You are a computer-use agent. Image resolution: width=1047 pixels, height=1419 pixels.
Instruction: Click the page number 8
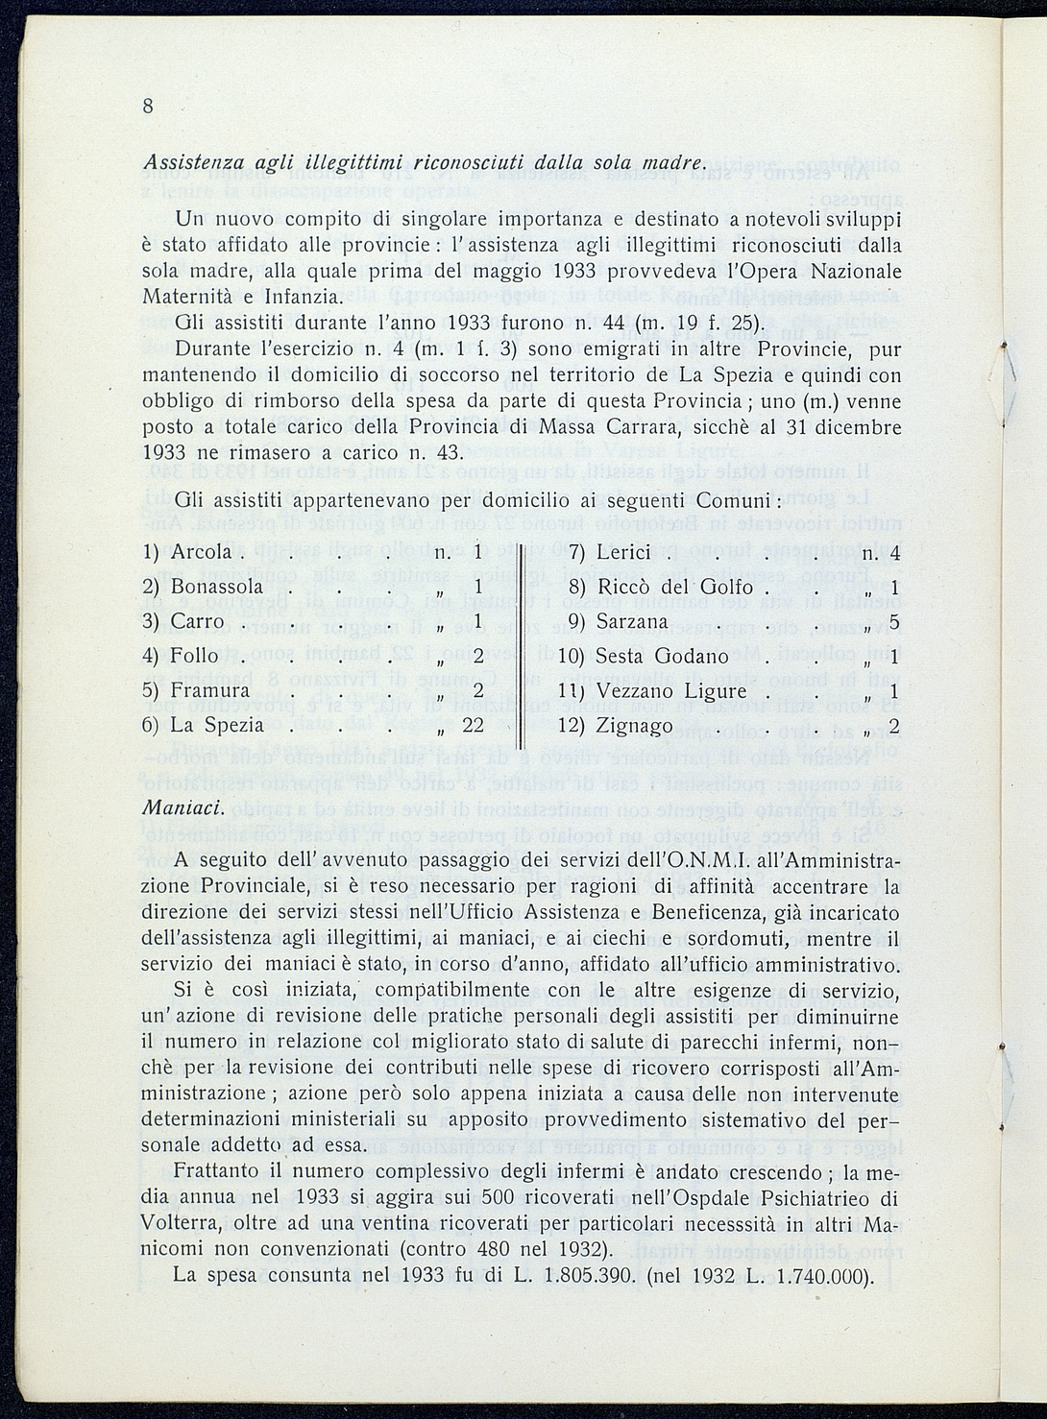click(148, 107)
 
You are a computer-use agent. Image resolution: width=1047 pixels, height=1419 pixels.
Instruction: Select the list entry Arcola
click(201, 552)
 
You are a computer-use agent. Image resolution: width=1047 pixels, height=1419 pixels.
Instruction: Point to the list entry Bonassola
click(216, 587)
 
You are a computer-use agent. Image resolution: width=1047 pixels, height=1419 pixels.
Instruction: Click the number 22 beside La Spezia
click(473, 724)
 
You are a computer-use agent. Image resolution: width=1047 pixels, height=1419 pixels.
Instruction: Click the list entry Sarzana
click(631, 621)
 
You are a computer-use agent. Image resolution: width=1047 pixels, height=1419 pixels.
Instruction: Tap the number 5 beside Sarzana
click(894, 621)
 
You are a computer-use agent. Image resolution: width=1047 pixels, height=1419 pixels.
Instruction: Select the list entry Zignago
click(634, 725)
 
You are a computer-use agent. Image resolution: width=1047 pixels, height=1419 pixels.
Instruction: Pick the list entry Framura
click(209, 690)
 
